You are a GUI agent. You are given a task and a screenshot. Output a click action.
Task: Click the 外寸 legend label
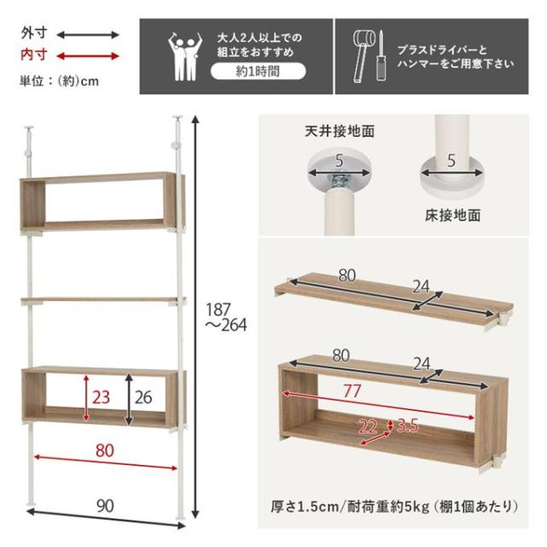(x=34, y=34)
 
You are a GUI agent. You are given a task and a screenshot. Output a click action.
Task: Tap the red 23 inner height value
(x=102, y=397)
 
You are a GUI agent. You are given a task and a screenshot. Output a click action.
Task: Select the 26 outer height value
(x=143, y=397)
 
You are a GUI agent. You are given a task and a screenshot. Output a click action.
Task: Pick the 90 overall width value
(x=105, y=506)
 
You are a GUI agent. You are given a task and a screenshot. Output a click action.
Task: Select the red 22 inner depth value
(x=368, y=426)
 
